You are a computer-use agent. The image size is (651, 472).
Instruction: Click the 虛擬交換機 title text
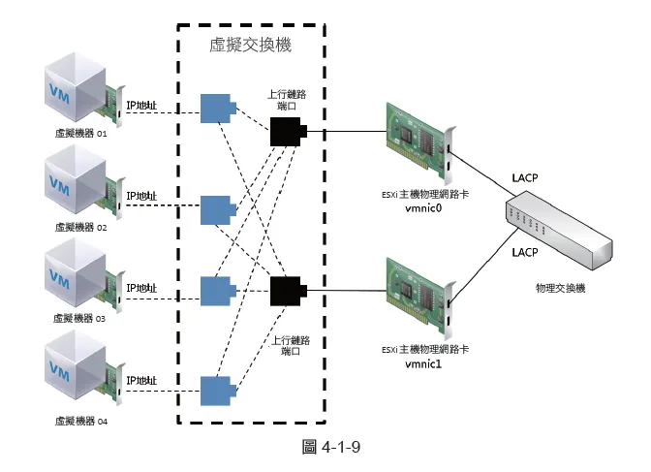click(250, 46)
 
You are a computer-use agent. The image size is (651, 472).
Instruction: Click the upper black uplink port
click(288, 130)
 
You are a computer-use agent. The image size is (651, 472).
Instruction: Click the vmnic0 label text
click(423, 207)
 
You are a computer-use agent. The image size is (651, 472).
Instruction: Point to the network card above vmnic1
click(418, 295)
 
